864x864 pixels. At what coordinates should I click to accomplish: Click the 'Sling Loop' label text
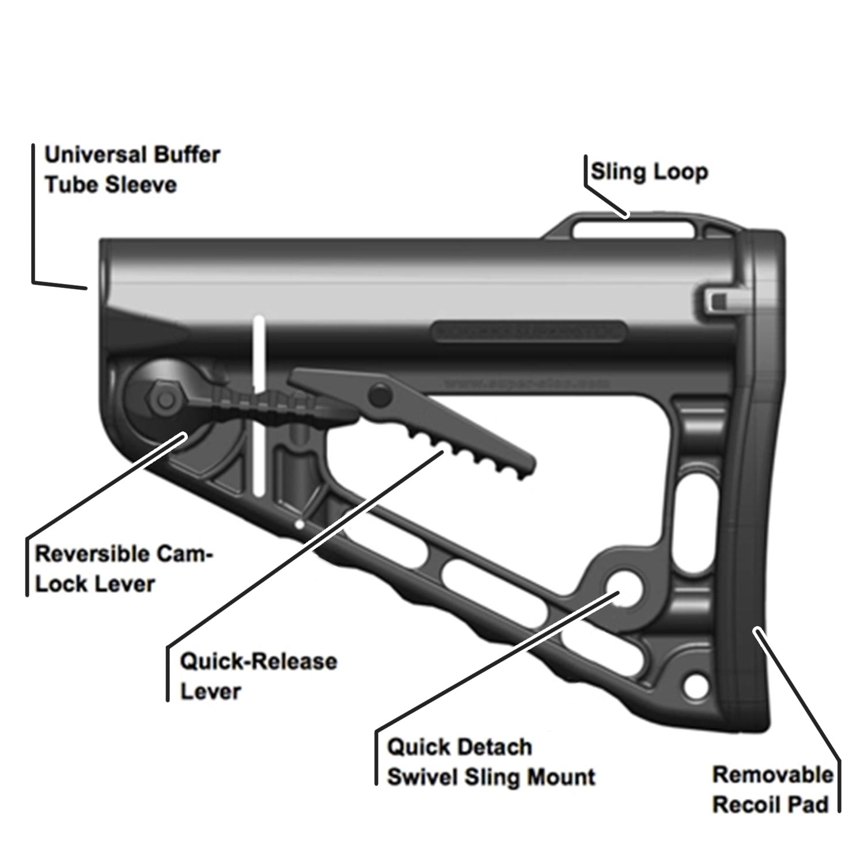pos(649,172)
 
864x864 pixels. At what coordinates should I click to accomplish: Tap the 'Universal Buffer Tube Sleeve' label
pos(132,170)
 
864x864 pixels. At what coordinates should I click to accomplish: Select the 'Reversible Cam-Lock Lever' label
pos(123,569)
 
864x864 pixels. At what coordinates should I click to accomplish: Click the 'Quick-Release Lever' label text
pos(258,676)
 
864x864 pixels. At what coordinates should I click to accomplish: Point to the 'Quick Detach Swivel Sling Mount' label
pos(491,762)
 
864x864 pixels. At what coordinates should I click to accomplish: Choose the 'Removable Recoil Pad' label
pos(772,790)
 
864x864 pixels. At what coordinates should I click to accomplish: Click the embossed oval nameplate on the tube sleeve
pos(529,332)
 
